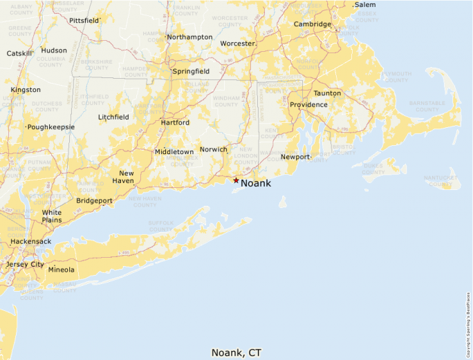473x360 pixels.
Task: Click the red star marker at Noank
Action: click(x=236, y=180)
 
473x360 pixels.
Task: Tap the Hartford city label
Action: click(x=175, y=122)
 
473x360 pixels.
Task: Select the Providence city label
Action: click(x=308, y=105)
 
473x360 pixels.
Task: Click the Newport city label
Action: click(x=295, y=157)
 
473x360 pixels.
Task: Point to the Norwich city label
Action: click(x=213, y=149)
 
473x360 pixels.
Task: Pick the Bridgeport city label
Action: click(x=94, y=200)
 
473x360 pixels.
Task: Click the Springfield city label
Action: click(x=192, y=71)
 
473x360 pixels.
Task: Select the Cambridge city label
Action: click(x=313, y=24)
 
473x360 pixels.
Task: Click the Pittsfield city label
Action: click(x=84, y=21)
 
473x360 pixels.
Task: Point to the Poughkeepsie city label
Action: click(x=50, y=127)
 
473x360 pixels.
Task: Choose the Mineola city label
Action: click(x=61, y=269)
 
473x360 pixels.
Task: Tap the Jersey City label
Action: click(x=25, y=265)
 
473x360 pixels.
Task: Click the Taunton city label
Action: click(x=327, y=93)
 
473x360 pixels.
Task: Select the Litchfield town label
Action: click(x=113, y=117)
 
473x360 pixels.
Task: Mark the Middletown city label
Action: click(x=174, y=151)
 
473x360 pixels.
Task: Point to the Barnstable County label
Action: click(x=427, y=106)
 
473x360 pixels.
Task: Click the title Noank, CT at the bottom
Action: click(x=236, y=352)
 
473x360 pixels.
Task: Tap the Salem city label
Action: click(x=365, y=5)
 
